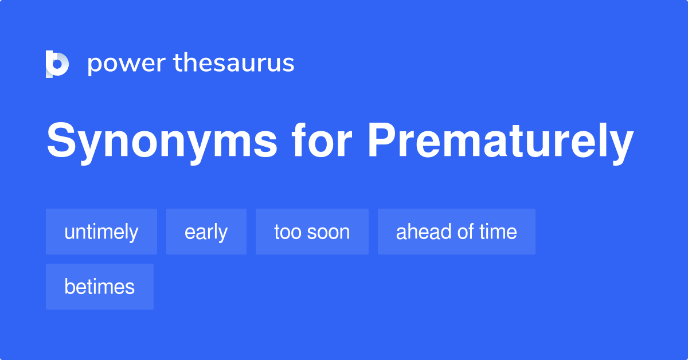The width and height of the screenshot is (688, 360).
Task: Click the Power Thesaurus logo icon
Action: [x=57, y=64]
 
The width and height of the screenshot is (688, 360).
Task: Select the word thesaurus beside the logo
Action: [x=234, y=63]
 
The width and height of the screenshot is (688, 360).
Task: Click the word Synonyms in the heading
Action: [x=162, y=142]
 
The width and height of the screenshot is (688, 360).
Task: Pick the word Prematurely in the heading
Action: [x=501, y=142]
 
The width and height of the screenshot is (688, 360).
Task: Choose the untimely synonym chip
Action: [x=101, y=232]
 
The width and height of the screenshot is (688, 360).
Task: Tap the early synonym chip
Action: [x=206, y=232]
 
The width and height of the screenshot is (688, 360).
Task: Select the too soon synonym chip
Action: [x=312, y=232]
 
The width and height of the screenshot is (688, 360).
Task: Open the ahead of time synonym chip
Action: [x=456, y=232]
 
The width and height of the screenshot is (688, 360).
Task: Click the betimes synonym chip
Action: [x=99, y=287]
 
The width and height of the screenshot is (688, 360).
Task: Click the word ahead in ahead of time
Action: [x=421, y=232]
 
